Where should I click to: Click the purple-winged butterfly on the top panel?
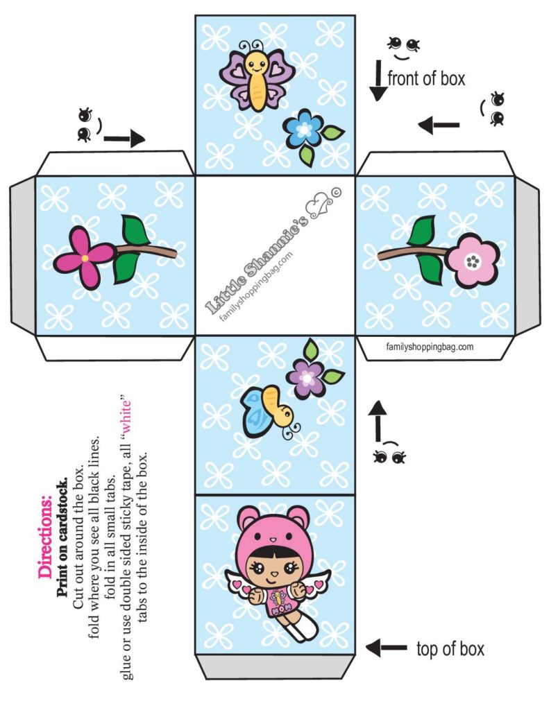tap(256, 76)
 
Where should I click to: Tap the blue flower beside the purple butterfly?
tap(303, 130)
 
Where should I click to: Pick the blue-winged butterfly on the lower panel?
tap(267, 413)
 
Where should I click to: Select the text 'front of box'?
tap(426, 78)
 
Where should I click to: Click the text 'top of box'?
tap(450, 649)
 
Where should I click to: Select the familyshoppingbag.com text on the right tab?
tap(430, 347)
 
